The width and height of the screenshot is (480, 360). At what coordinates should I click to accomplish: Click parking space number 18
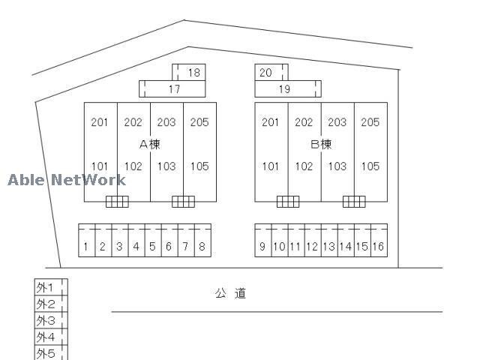point(189,73)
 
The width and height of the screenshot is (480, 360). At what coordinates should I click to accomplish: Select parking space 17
point(172,89)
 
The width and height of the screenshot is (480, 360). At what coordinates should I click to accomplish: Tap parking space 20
point(271,73)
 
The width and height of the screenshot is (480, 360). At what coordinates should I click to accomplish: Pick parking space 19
point(288,89)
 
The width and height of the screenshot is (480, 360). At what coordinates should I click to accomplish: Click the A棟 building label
point(150,144)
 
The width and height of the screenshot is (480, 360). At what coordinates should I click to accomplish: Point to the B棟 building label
point(321,144)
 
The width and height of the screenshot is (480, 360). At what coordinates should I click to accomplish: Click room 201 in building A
point(100,122)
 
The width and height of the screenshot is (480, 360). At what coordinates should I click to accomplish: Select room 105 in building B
point(370,166)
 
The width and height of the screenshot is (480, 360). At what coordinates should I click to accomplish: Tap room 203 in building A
point(166,122)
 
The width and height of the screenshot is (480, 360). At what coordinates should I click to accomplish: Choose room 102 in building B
point(304,166)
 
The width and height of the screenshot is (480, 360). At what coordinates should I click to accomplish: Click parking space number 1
point(87,241)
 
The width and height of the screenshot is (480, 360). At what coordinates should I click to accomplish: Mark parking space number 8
point(202,241)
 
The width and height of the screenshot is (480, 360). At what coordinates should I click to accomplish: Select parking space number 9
point(263,241)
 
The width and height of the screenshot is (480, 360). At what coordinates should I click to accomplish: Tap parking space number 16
point(379,241)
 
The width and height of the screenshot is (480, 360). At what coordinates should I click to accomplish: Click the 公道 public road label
point(230,293)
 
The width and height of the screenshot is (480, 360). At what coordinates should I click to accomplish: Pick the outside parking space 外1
point(51,287)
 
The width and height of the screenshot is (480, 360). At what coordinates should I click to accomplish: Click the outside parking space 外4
point(51,337)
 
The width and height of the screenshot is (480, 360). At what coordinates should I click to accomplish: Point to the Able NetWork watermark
point(67,180)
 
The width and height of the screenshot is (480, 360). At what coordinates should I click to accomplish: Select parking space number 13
point(329,241)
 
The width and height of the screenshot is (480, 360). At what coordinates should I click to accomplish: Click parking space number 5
point(153,241)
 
